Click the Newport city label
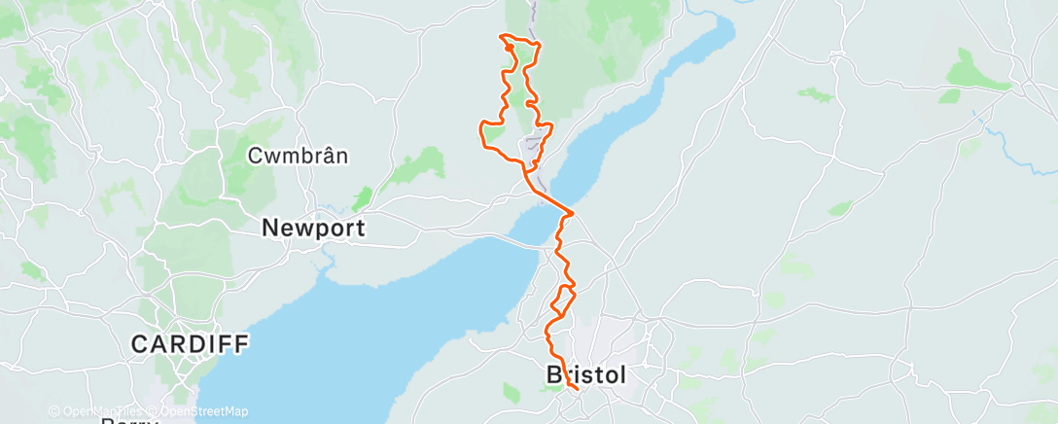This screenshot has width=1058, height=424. pyautogui.click(x=314, y=229)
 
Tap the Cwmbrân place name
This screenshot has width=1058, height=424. pyautogui.click(x=298, y=156)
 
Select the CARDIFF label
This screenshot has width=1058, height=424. pyautogui.click(x=191, y=343)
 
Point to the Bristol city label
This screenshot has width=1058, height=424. pyautogui.click(x=586, y=374)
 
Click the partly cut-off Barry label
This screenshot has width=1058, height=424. pyautogui.click(x=128, y=420)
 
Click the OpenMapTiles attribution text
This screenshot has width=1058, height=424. pyautogui.click(x=98, y=411)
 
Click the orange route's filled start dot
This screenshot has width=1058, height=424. pyautogui.click(x=510, y=46)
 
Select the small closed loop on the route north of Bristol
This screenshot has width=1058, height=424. pyautogui.click(x=564, y=296)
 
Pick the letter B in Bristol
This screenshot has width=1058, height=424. pyautogui.click(x=555, y=374)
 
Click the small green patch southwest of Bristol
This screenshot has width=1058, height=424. pyautogui.click(x=511, y=393)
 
